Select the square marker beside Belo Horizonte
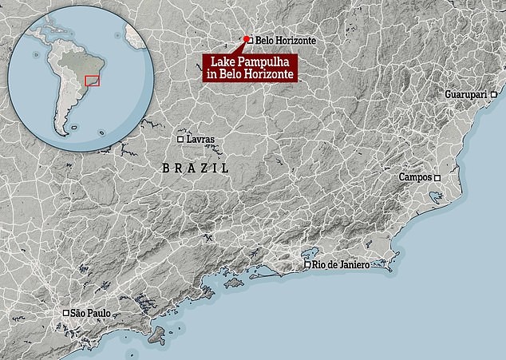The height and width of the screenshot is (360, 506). [x=250, y=39]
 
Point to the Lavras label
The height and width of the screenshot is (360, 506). [x=202, y=140]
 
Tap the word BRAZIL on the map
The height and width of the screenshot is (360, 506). [x=196, y=168]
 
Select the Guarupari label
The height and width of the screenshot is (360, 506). [x=475, y=94]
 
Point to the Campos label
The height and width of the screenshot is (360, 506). [x=414, y=177]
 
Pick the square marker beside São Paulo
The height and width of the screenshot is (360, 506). [x=65, y=314]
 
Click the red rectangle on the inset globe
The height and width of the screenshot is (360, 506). [x=93, y=81]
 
